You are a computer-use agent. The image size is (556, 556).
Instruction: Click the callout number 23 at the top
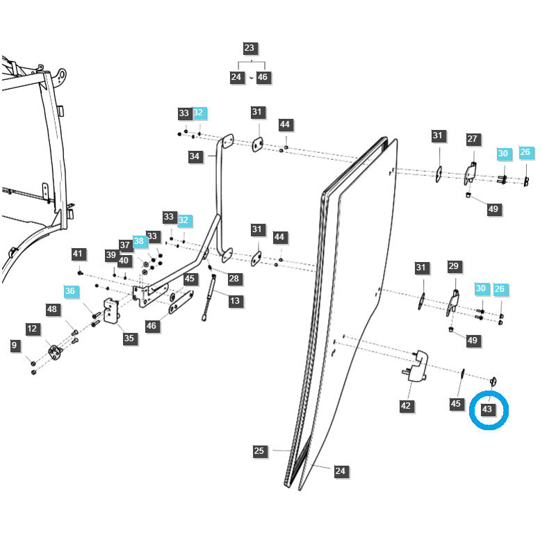click(x=250, y=49)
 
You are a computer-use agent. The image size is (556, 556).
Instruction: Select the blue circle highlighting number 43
click(x=489, y=409)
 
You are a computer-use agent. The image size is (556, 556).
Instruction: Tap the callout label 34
click(x=195, y=157)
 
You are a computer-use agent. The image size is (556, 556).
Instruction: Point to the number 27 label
click(x=473, y=139)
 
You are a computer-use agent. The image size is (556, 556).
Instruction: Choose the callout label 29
click(x=454, y=266)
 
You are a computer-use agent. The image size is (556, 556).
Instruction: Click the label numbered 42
click(x=406, y=407)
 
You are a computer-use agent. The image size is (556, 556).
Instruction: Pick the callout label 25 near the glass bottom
click(x=259, y=452)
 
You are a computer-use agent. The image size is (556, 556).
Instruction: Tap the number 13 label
click(x=235, y=301)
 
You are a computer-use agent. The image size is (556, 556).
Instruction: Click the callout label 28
click(x=234, y=279)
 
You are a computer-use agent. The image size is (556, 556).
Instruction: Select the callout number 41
click(x=78, y=254)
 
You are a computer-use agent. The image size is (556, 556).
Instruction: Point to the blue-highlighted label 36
click(x=70, y=292)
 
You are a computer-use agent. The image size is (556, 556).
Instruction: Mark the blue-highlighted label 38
click(x=139, y=241)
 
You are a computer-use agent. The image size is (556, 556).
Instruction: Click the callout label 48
click(x=52, y=309)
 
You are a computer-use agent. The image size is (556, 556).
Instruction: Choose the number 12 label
click(x=33, y=329)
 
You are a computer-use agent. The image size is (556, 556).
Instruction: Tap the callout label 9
click(x=14, y=345)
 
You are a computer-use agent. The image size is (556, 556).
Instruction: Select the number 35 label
click(x=129, y=338)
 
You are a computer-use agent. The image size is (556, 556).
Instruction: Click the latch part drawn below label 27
click(x=471, y=174)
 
